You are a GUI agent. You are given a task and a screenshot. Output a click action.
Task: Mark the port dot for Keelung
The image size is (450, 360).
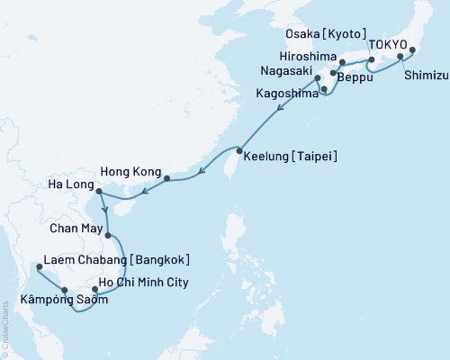(239, 150)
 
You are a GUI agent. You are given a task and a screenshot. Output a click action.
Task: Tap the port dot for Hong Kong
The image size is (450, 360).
(166, 178)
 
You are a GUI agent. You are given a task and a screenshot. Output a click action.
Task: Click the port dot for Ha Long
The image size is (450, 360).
(98, 191)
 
